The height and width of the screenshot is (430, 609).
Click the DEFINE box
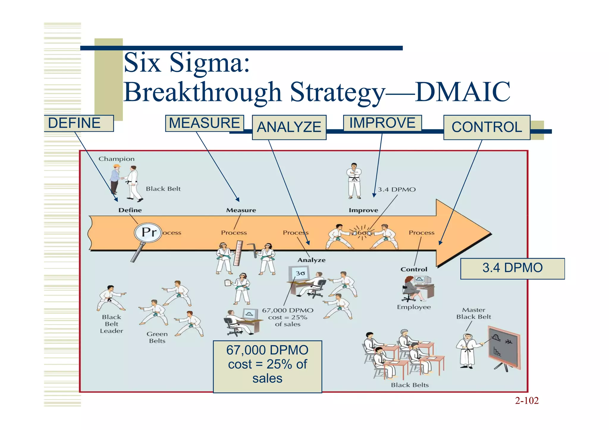79,123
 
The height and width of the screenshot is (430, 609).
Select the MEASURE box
205,123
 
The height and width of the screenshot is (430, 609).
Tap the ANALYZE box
289,127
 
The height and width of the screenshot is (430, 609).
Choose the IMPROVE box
382,123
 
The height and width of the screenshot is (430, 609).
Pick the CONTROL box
487,127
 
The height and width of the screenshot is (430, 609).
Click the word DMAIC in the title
462,92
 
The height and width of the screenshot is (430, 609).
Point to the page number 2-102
527,401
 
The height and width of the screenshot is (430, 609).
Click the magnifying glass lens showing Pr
148,232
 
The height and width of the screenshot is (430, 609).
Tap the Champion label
117,159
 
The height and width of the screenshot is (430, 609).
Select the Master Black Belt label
473,314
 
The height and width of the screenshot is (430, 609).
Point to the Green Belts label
157,337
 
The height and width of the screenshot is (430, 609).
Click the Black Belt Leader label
112,324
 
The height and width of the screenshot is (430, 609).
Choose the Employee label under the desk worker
414,307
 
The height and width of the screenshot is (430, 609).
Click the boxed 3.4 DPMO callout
512,268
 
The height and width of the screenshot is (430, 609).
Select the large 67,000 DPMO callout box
267,366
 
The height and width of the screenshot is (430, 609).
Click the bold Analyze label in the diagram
311,260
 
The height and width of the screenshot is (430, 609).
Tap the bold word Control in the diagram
414,270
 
